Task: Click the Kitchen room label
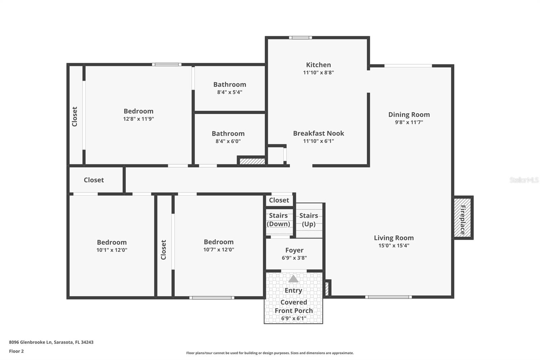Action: click(318, 65)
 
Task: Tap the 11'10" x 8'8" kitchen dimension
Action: click(318, 73)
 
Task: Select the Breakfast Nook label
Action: click(318, 133)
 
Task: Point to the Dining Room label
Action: click(409, 115)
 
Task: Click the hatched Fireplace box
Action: click(462, 218)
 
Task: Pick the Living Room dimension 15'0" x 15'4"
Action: click(394, 246)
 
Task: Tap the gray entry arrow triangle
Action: click(293, 279)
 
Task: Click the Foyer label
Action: click(294, 250)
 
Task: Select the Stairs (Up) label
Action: click(308, 220)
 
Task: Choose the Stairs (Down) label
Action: click(278, 220)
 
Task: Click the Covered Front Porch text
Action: click(294, 306)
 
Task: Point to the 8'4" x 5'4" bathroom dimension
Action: click(230, 92)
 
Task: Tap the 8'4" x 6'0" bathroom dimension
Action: click(228, 142)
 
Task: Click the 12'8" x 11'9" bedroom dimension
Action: click(138, 119)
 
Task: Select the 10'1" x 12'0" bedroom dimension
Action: click(112, 250)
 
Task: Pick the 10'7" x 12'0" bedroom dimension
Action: click(218, 250)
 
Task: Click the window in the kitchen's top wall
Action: click(300, 38)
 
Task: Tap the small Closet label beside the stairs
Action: click(279, 200)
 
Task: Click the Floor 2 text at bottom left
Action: click(16, 351)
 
